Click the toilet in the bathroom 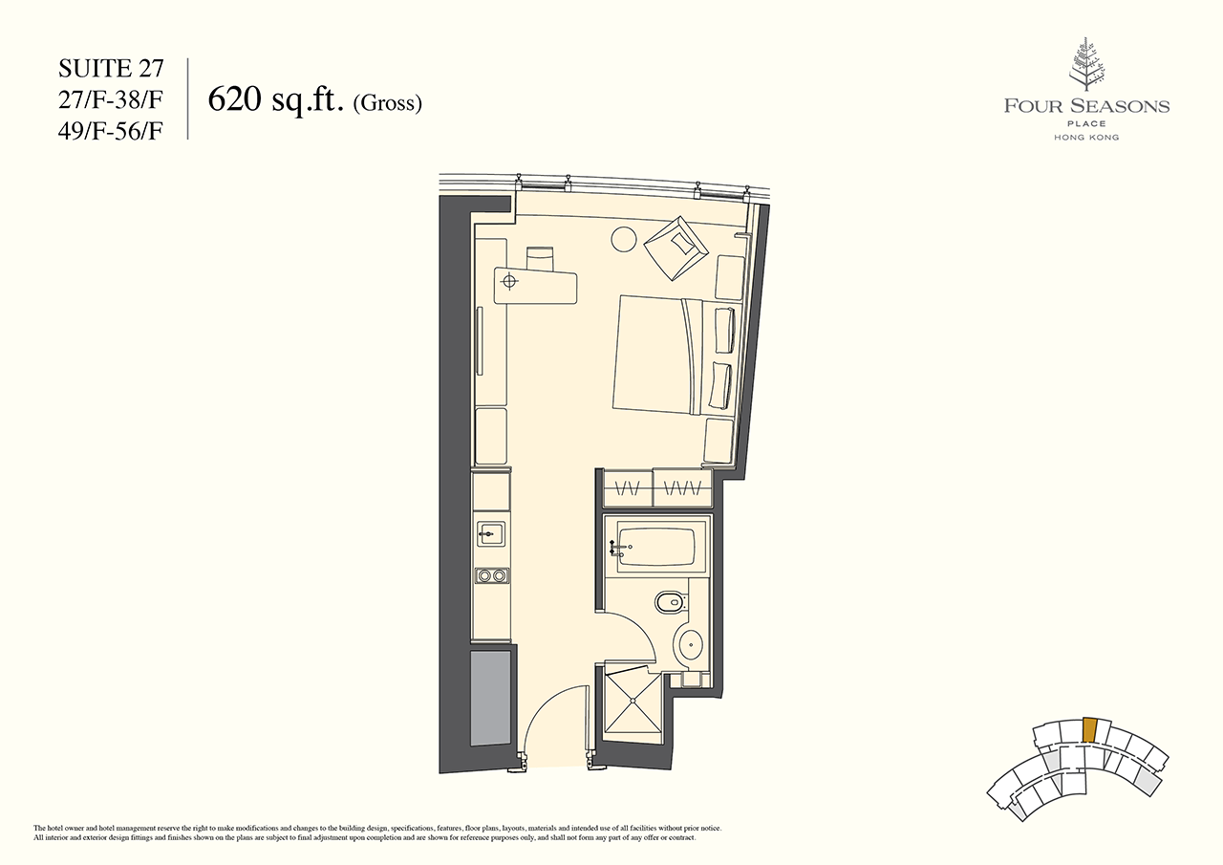click(670, 603)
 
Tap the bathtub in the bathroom click(654, 546)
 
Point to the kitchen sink click(491, 533)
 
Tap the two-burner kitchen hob click(492, 575)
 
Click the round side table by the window click(623, 239)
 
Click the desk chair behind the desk click(540, 258)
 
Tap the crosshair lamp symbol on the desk click(509, 281)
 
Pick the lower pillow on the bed click(720, 385)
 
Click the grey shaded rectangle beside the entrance click(491, 699)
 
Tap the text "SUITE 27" click(111, 69)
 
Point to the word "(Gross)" click(388, 103)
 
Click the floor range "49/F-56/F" click(111, 132)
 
